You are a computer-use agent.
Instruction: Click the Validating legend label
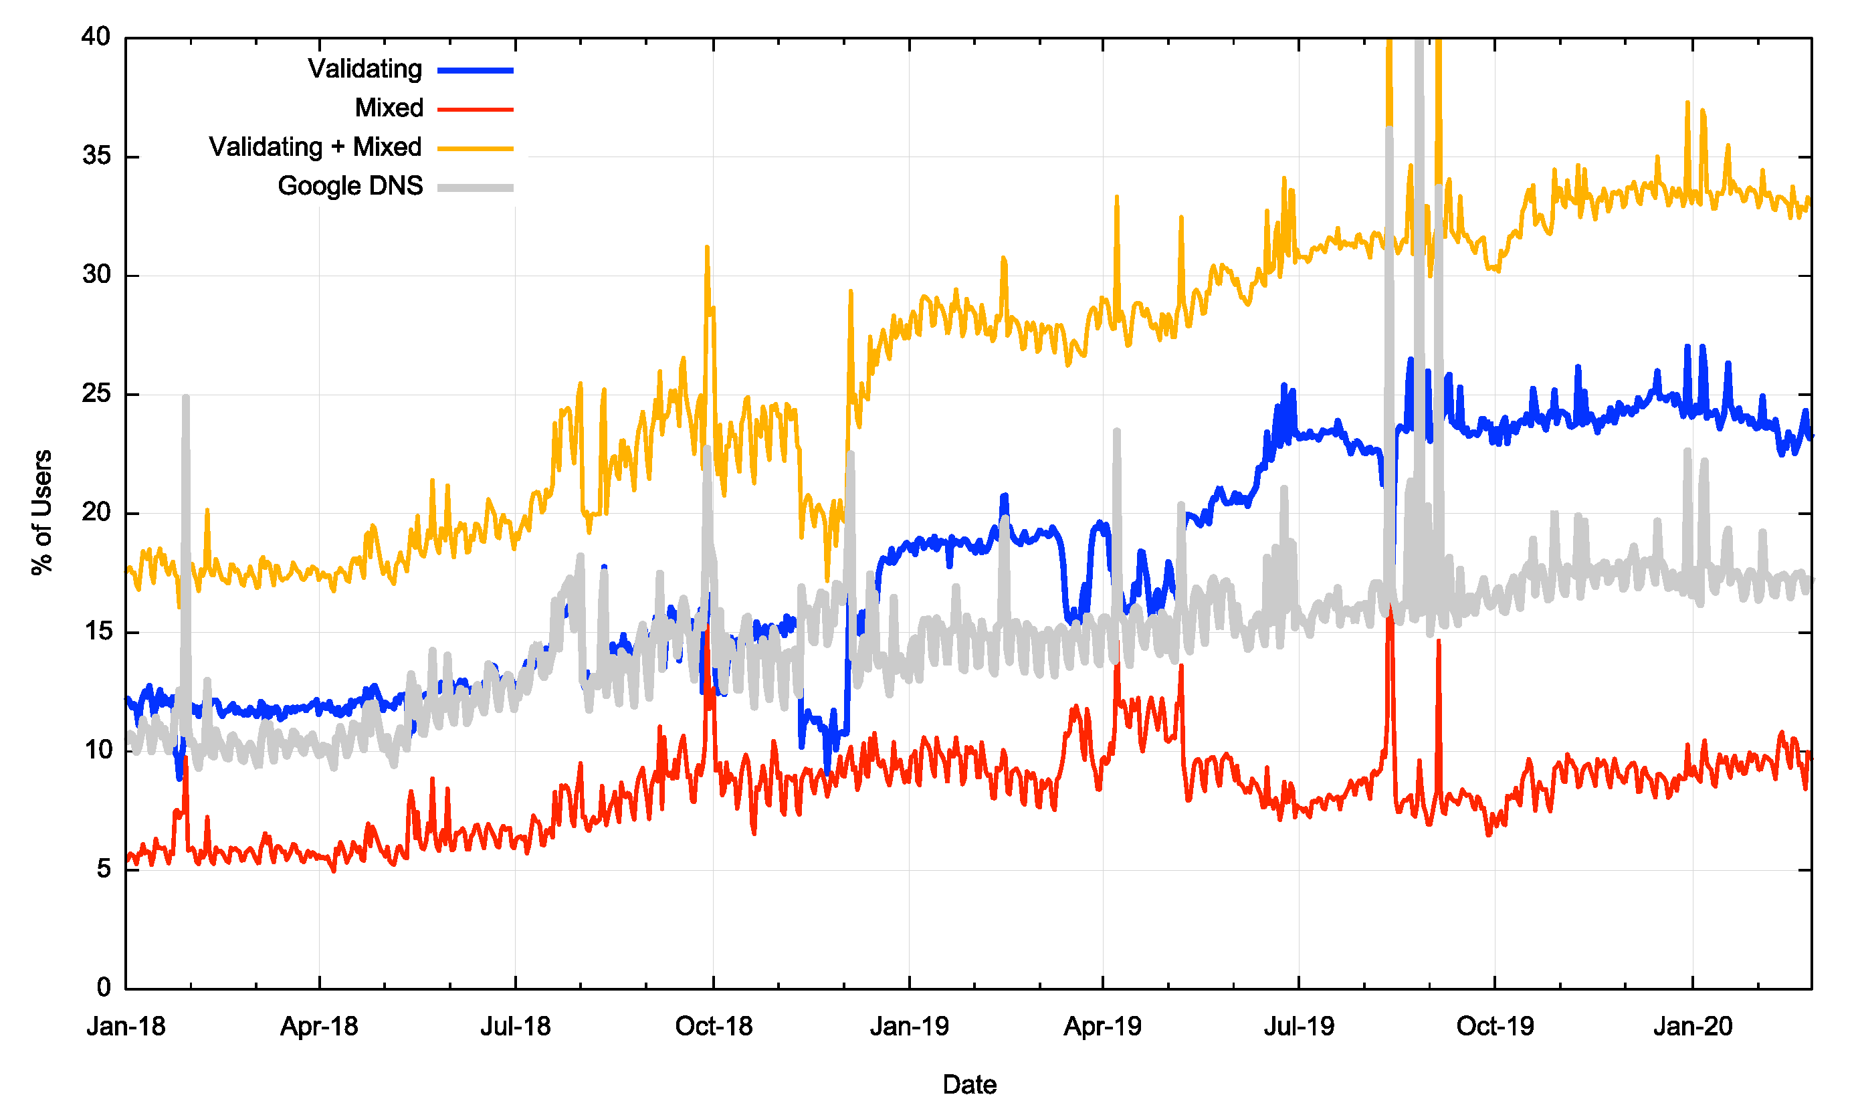tap(365, 69)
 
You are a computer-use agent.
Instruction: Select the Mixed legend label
tap(389, 108)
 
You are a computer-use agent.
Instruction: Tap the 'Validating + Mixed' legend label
tap(315, 147)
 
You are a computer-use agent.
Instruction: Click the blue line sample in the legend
tap(476, 71)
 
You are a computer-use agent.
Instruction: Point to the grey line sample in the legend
tap(476, 188)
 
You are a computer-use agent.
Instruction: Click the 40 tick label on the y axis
tap(96, 37)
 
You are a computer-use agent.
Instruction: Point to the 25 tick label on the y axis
tap(96, 394)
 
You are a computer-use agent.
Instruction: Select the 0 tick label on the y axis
tap(104, 988)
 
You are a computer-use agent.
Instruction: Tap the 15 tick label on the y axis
tap(96, 632)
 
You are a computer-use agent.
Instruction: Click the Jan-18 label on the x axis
tap(126, 1026)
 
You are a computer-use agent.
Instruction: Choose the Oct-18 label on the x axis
tap(714, 1026)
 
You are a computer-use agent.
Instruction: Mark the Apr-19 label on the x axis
tap(1102, 1026)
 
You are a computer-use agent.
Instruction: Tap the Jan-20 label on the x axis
tap(1693, 1026)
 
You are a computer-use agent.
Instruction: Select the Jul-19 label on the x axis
tap(1299, 1026)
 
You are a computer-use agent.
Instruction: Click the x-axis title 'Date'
tap(969, 1085)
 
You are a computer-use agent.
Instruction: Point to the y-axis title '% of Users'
tap(42, 512)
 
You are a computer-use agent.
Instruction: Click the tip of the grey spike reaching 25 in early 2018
tap(185, 397)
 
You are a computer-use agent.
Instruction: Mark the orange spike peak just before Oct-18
tap(707, 247)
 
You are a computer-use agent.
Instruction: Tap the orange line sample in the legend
tap(476, 148)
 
